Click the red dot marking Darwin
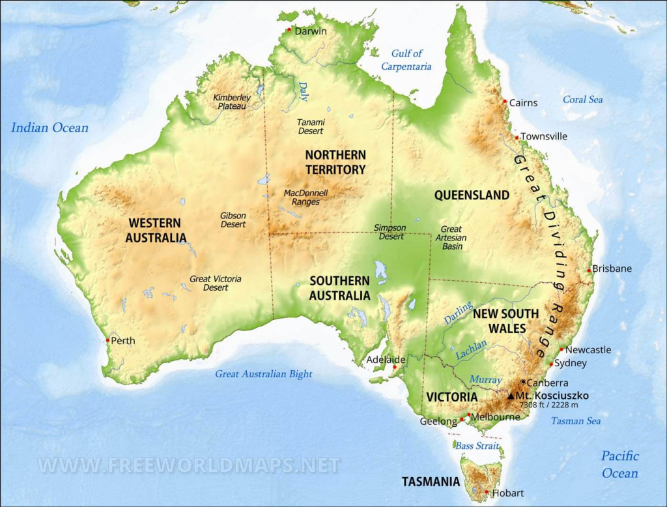pos(290,29)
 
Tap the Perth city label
pos(123,340)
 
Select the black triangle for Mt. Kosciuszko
pos(511,396)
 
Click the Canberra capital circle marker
pos(523,383)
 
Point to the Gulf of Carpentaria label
pos(406,59)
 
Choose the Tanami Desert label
pos(311,126)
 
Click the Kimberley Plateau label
pos(232,102)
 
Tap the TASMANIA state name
pos(431,482)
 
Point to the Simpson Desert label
pos(390,232)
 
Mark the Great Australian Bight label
pos(264,374)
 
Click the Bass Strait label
pos(477,446)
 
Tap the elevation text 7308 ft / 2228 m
pos(549,405)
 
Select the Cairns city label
pos(524,102)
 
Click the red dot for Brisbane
pos(589,270)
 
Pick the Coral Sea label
pos(583,100)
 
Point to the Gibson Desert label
pos(233,220)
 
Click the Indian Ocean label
pos(50,128)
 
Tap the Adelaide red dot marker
pos(393,368)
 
